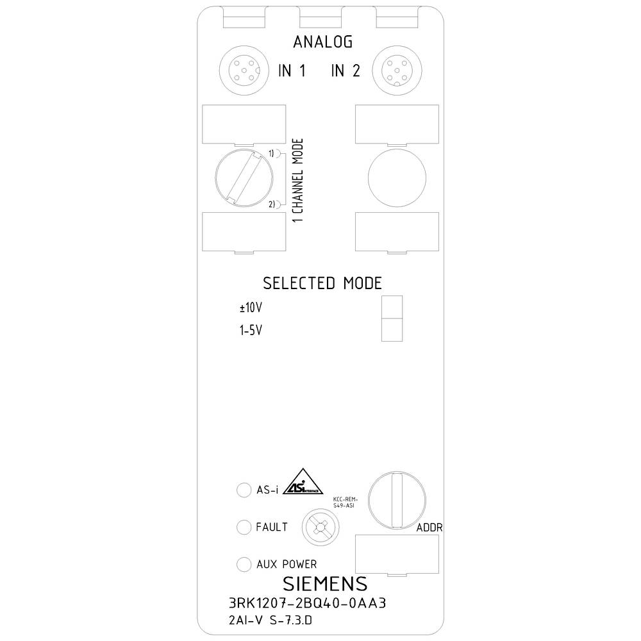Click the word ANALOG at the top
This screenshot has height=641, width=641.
pyautogui.click(x=322, y=43)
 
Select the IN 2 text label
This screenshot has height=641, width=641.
pyautogui.click(x=345, y=71)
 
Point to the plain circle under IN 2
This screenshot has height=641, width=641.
pyautogui.click(x=397, y=176)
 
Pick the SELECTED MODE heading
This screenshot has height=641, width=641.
pyautogui.click(x=322, y=283)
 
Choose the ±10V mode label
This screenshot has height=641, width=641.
pyautogui.click(x=251, y=308)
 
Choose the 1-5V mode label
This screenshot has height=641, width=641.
pyautogui.click(x=250, y=331)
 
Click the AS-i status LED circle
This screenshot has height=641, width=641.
pyautogui.click(x=244, y=490)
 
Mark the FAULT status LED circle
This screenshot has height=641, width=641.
pyautogui.click(x=244, y=527)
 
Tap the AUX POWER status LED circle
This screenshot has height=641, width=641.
pyautogui.click(x=244, y=564)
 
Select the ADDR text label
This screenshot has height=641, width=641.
pyautogui.click(x=430, y=528)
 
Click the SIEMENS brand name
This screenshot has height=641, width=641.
pyautogui.click(x=325, y=583)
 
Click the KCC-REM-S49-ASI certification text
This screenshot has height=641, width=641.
pyautogui.click(x=345, y=502)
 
